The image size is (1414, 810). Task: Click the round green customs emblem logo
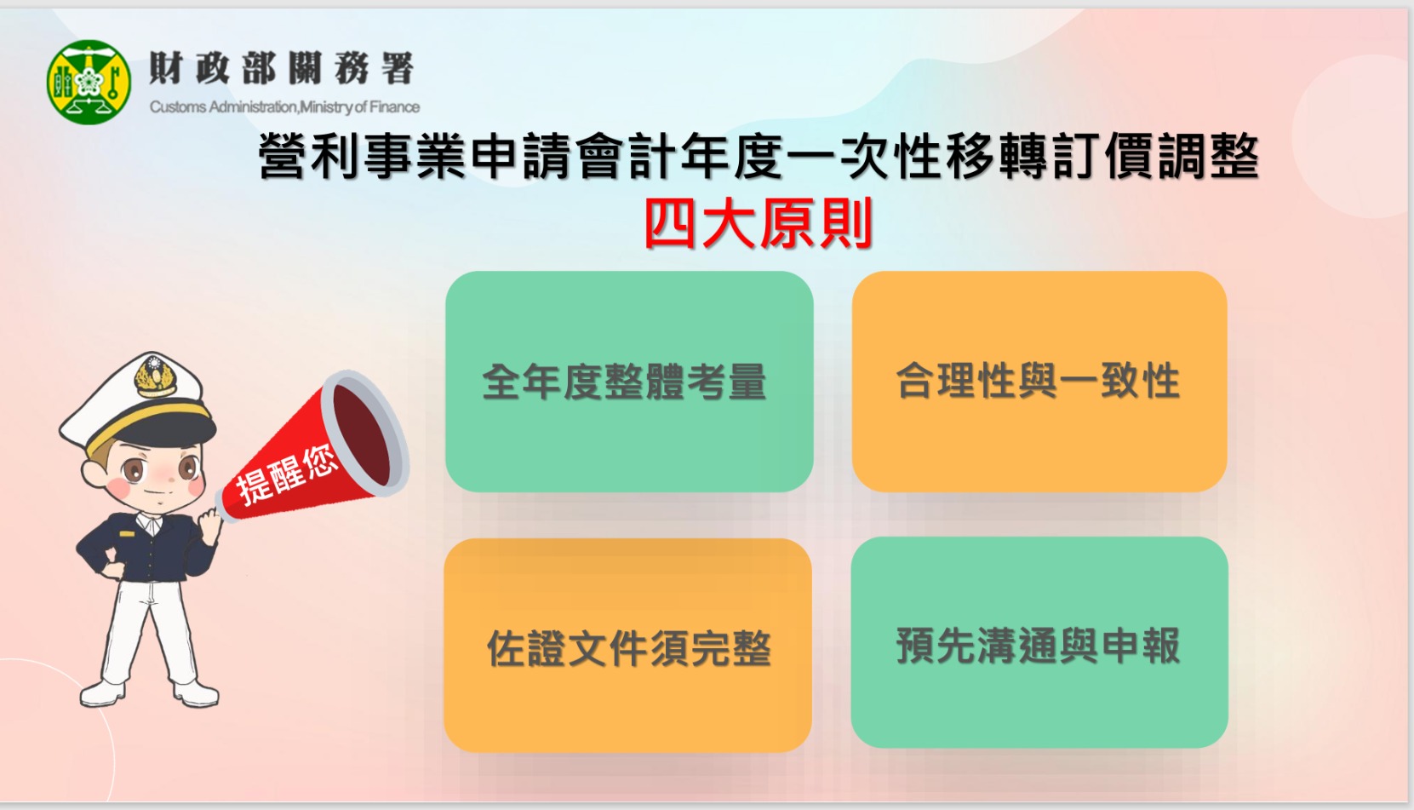(89, 82)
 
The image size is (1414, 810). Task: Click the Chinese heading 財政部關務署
(282, 68)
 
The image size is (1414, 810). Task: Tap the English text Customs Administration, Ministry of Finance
(284, 106)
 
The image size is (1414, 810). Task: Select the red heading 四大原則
(759, 223)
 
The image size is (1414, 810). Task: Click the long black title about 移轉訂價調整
(759, 156)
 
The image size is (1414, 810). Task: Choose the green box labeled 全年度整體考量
(629, 382)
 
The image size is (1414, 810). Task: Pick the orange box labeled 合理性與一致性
(1039, 382)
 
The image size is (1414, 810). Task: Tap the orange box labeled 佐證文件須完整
(628, 645)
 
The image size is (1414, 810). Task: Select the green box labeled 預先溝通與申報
(1039, 642)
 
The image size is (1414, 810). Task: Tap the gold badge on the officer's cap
(155, 376)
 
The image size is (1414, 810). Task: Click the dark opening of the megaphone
(362, 435)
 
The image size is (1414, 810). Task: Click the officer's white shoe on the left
(103, 693)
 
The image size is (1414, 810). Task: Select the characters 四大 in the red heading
(701, 223)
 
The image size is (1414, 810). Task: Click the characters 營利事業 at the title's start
(363, 156)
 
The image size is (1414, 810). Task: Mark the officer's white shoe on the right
(196, 693)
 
